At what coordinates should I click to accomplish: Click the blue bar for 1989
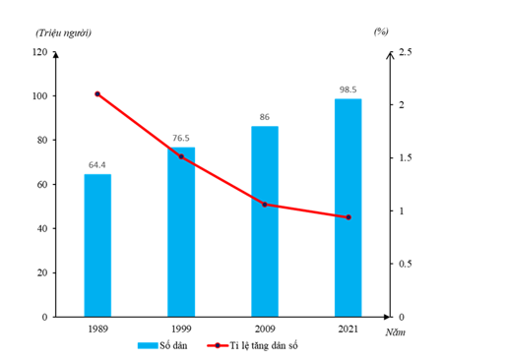coord(97,245)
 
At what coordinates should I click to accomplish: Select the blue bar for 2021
coord(348,208)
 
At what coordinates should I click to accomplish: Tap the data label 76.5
coord(181,138)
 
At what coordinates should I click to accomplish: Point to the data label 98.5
coord(347,90)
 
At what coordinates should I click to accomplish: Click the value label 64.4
coord(97,165)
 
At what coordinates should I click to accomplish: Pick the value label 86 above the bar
coord(265,117)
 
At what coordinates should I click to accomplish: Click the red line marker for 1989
coord(97,94)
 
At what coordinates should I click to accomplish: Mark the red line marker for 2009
coord(265,205)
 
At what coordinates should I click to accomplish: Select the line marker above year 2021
coord(348,217)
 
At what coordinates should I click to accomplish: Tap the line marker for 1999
coord(181,156)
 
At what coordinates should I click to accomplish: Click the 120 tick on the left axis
coord(40,52)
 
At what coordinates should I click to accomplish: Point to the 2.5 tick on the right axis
coord(406,52)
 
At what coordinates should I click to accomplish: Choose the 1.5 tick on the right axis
coord(406,158)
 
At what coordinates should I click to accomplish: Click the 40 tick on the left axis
coord(42,228)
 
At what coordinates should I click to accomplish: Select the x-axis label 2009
coord(265,329)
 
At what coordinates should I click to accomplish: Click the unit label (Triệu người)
coord(63,33)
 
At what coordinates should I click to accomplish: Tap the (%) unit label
coord(381,31)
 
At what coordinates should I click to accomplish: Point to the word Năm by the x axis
coord(396,332)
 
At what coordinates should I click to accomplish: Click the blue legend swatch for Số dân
coord(148,345)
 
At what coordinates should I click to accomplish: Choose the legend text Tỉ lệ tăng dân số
coord(264,345)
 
